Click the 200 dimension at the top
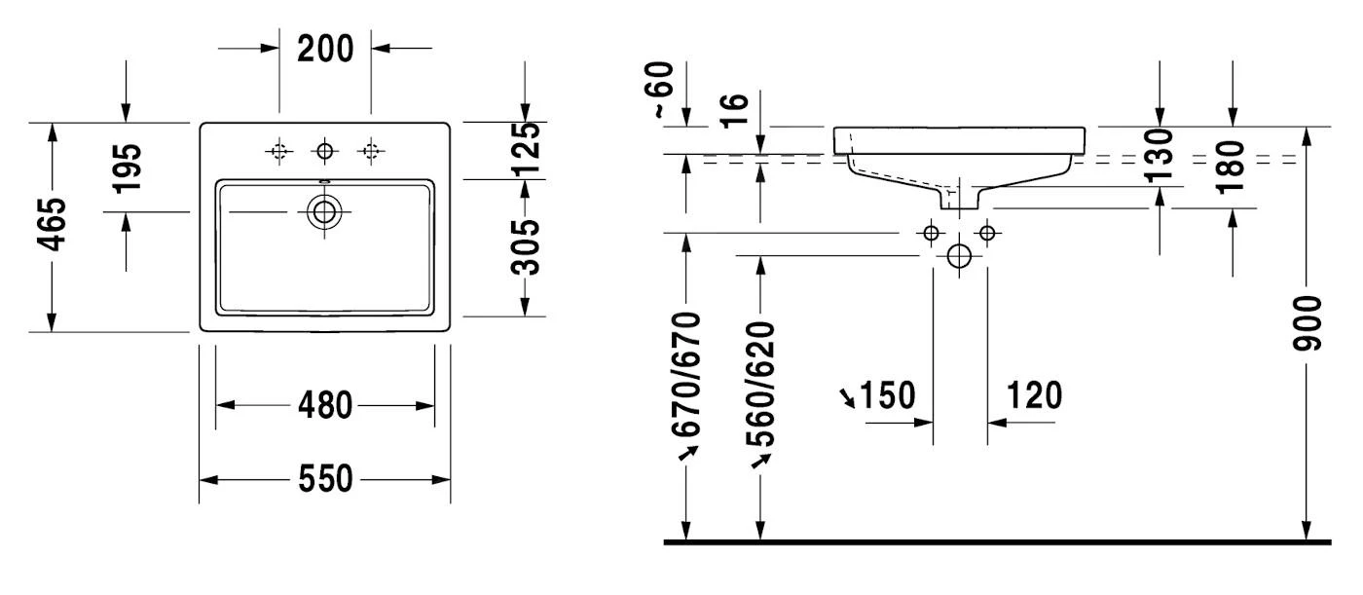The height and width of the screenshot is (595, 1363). pos(325,48)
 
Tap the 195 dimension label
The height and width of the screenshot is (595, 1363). pos(127,167)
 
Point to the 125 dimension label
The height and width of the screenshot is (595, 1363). pos(526,145)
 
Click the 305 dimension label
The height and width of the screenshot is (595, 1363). pos(526,246)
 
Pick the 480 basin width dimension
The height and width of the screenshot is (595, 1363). pos(325,405)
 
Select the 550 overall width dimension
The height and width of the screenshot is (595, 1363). pos(325,479)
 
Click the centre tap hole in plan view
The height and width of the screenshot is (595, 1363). pos(324,150)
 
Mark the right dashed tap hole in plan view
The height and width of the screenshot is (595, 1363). pos(369,150)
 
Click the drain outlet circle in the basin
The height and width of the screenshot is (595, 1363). pos(324,211)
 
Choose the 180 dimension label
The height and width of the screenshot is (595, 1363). pos(1232,167)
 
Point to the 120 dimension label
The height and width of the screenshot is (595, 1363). pos(1033,396)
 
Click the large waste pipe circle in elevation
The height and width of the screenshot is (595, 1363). pos(959,256)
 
